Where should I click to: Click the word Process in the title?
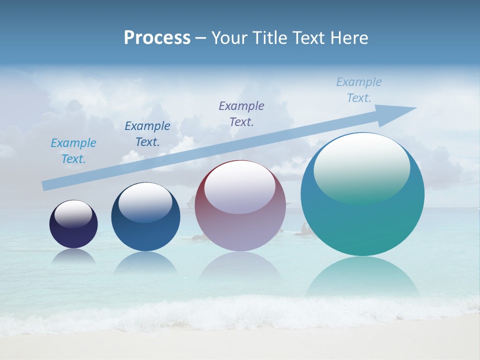[157, 38]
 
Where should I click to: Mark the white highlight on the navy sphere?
[73, 214]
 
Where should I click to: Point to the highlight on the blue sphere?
[145, 202]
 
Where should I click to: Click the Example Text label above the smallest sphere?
[73, 151]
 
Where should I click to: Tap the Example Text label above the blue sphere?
[147, 134]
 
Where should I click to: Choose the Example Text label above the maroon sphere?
[241, 113]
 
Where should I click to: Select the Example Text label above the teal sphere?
[359, 90]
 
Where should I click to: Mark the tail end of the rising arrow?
[46, 185]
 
